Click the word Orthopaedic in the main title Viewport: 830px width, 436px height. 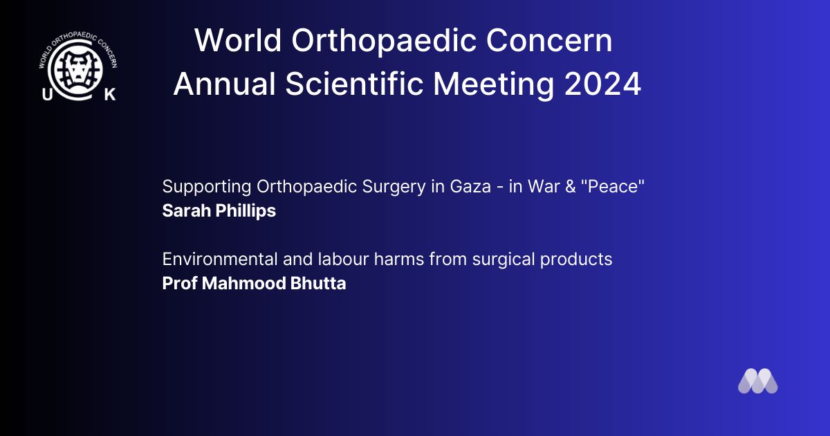tap(384, 41)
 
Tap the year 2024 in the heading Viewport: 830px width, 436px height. tap(603, 84)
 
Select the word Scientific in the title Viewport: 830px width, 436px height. tap(354, 84)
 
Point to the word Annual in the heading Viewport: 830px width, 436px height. tap(225, 84)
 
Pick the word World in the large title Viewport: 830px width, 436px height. tap(238, 40)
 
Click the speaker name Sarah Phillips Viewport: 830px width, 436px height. tap(219, 211)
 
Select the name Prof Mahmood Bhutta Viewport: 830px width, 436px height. tap(255, 283)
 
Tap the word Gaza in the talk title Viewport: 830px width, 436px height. tap(470, 186)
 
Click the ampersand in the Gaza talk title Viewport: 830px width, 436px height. tap(571, 186)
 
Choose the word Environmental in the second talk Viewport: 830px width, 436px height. tap(220, 259)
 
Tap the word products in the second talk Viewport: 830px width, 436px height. tap(575, 260)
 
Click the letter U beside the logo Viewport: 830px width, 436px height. tap(48, 95)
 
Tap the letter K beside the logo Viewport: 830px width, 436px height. tap(110, 95)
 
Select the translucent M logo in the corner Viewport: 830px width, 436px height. tap(758, 381)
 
